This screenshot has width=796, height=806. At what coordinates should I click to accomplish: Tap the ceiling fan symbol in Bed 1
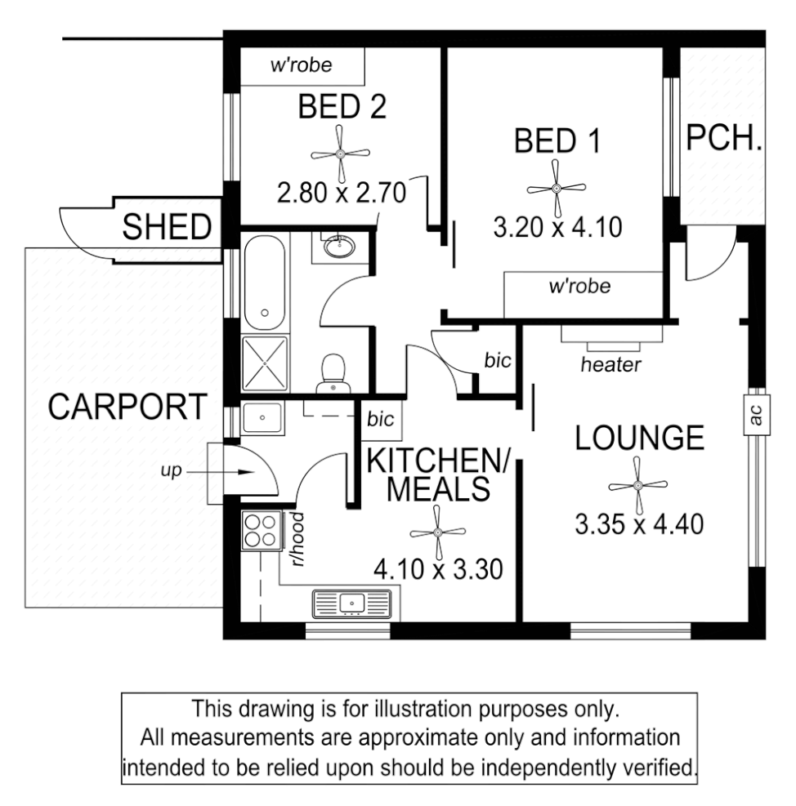pos(556,188)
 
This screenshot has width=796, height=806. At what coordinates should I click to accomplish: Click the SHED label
pos(167,228)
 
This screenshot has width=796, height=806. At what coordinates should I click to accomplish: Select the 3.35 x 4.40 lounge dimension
pos(639,523)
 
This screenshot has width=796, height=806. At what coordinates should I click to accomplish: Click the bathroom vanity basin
pos(336,245)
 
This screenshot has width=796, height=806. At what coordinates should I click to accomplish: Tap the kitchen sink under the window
pos(352,604)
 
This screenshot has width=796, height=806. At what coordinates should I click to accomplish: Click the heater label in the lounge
pos(610,364)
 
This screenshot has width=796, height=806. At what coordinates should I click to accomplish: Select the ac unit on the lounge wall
pos(755,416)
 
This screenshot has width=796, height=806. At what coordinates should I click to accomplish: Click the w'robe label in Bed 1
pos(579,287)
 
